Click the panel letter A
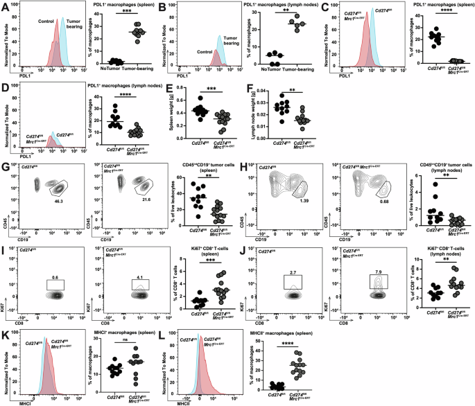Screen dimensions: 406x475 pos(5,6)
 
